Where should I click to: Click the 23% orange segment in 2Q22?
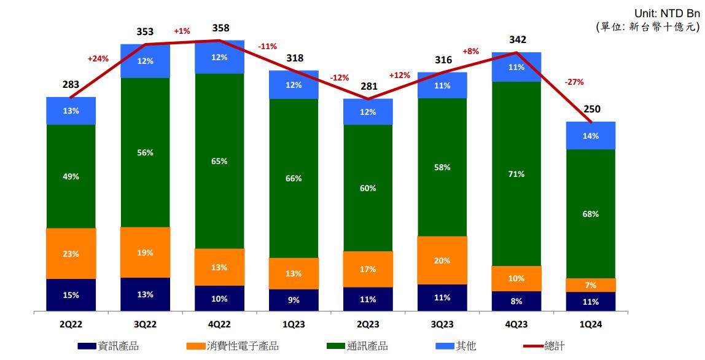(x=71, y=254)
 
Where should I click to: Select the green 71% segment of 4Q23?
(x=516, y=174)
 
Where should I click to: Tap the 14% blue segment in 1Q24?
(x=590, y=136)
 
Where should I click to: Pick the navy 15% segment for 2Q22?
(x=71, y=295)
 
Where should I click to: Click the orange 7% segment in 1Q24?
(x=590, y=285)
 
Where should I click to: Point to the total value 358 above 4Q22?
(x=219, y=28)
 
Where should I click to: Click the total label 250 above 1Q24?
(x=593, y=109)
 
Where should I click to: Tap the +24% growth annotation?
(x=98, y=59)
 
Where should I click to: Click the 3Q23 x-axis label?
(x=442, y=324)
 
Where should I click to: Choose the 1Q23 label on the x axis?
(x=294, y=324)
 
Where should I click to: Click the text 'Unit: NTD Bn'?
(x=666, y=12)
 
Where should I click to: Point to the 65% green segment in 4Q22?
(x=219, y=161)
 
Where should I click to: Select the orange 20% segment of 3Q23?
(x=442, y=260)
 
